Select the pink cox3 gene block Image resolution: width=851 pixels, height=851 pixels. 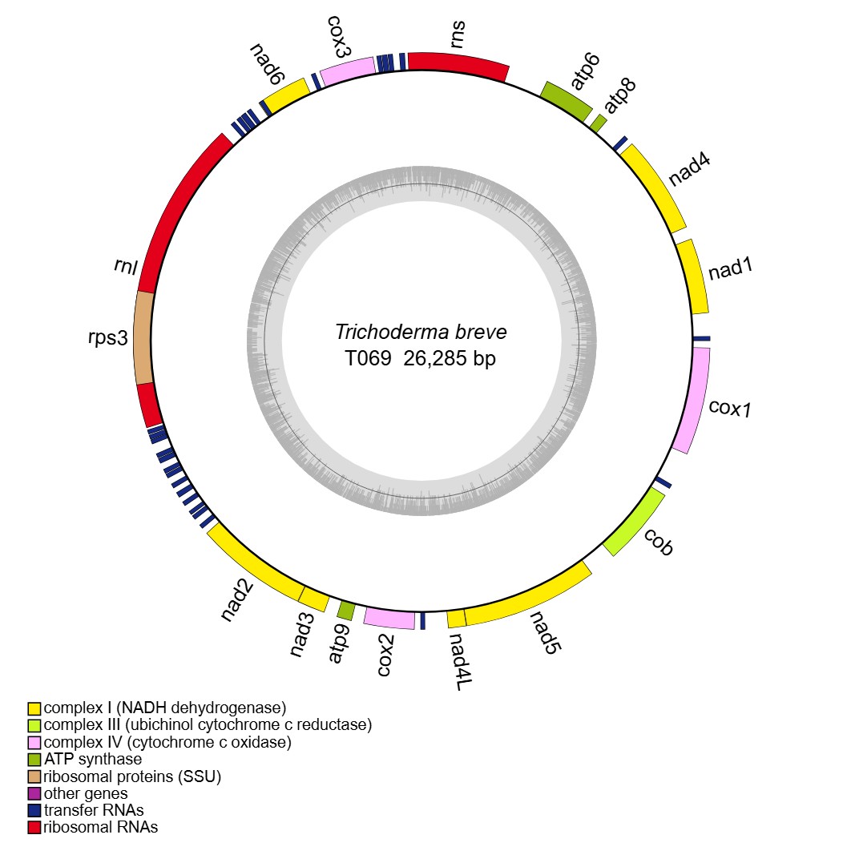pyautogui.click(x=347, y=72)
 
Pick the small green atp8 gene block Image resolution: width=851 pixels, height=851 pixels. pyautogui.click(x=598, y=122)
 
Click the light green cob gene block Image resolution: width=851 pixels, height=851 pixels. pyautogui.click(x=634, y=522)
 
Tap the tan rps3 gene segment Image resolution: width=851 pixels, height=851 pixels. pyautogui.click(x=144, y=337)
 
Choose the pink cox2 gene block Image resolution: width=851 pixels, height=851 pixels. pyautogui.click(x=389, y=618)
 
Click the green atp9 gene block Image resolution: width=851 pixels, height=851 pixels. pyautogui.click(x=346, y=611)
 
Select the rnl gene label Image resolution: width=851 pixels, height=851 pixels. pyautogui.click(x=125, y=267)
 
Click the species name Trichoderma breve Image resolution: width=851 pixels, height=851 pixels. pyautogui.click(x=421, y=332)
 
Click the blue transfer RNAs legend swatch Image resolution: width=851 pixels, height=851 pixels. pyautogui.click(x=34, y=810)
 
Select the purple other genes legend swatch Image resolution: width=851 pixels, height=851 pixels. pyautogui.click(x=34, y=793)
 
